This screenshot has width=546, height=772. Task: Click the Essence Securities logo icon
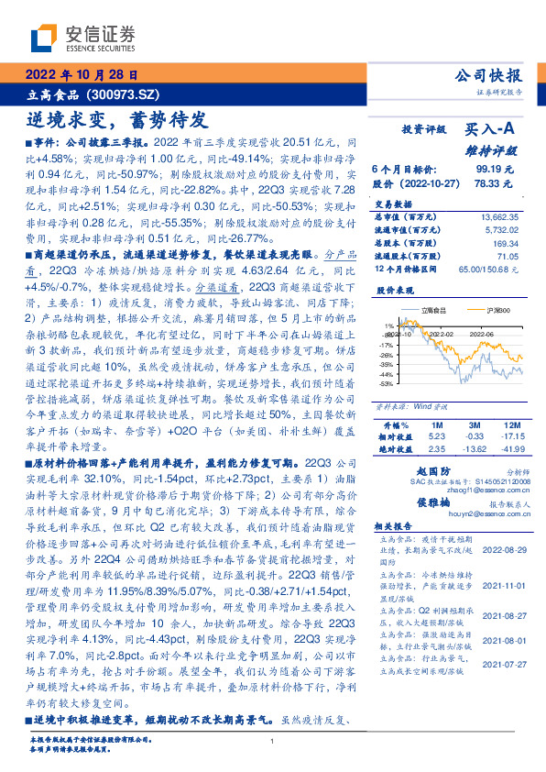(44, 36)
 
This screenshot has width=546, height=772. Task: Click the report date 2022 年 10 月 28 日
(82, 74)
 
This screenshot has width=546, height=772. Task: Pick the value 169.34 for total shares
(507, 244)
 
